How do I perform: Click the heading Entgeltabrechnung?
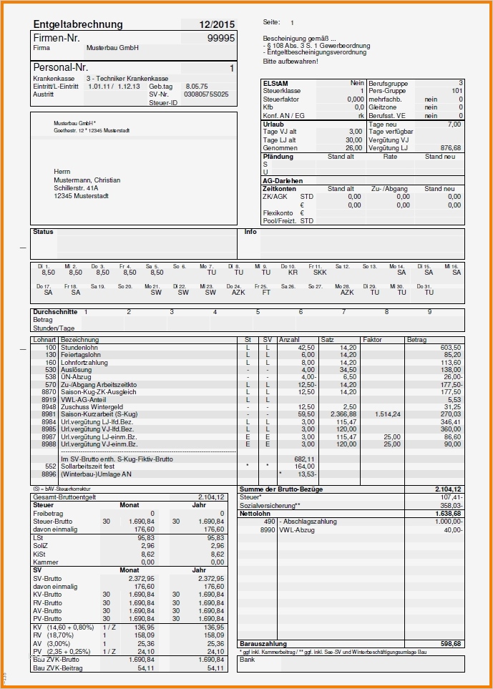pos(77,24)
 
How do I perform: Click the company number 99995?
pos(221,38)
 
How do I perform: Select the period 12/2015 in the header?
pos(217,24)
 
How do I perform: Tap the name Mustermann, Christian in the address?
pos(87,180)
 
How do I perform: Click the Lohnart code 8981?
pos(49,414)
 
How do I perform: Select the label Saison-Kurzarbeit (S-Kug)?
pos(99,414)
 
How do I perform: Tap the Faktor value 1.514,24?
pos(386,414)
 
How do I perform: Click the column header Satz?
pos(328,339)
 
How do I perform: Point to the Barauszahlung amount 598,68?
pos(449,644)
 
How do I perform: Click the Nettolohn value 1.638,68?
pos(448,514)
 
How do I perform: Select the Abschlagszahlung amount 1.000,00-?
pos(447,522)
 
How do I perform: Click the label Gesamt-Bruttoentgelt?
pos(63,497)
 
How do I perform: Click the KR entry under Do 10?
pos(293,273)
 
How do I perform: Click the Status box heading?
pos(43,232)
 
